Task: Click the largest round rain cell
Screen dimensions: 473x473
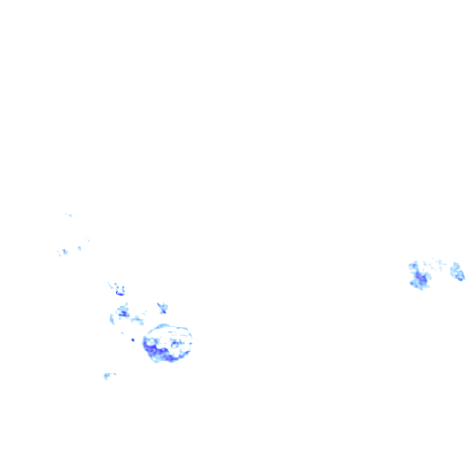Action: [x=167, y=343]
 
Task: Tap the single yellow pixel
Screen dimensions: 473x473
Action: [x=117, y=293]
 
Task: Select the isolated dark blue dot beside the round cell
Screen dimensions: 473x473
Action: [x=133, y=340]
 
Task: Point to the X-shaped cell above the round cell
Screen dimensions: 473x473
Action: [x=162, y=308]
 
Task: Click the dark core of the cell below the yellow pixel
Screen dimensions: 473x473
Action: [x=123, y=314]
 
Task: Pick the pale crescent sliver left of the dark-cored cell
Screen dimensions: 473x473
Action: [x=112, y=319]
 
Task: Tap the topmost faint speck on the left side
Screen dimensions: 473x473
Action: [x=69, y=215]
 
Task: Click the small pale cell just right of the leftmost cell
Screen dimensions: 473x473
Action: [x=79, y=248]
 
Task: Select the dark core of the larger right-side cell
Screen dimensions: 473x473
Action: [x=421, y=279]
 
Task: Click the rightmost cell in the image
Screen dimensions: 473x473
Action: [x=458, y=272]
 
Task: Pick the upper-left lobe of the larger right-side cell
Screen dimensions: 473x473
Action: [x=412, y=266]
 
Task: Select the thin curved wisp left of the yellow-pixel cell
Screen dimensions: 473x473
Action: [x=111, y=285]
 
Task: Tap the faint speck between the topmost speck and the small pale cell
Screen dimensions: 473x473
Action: [x=87, y=239]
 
